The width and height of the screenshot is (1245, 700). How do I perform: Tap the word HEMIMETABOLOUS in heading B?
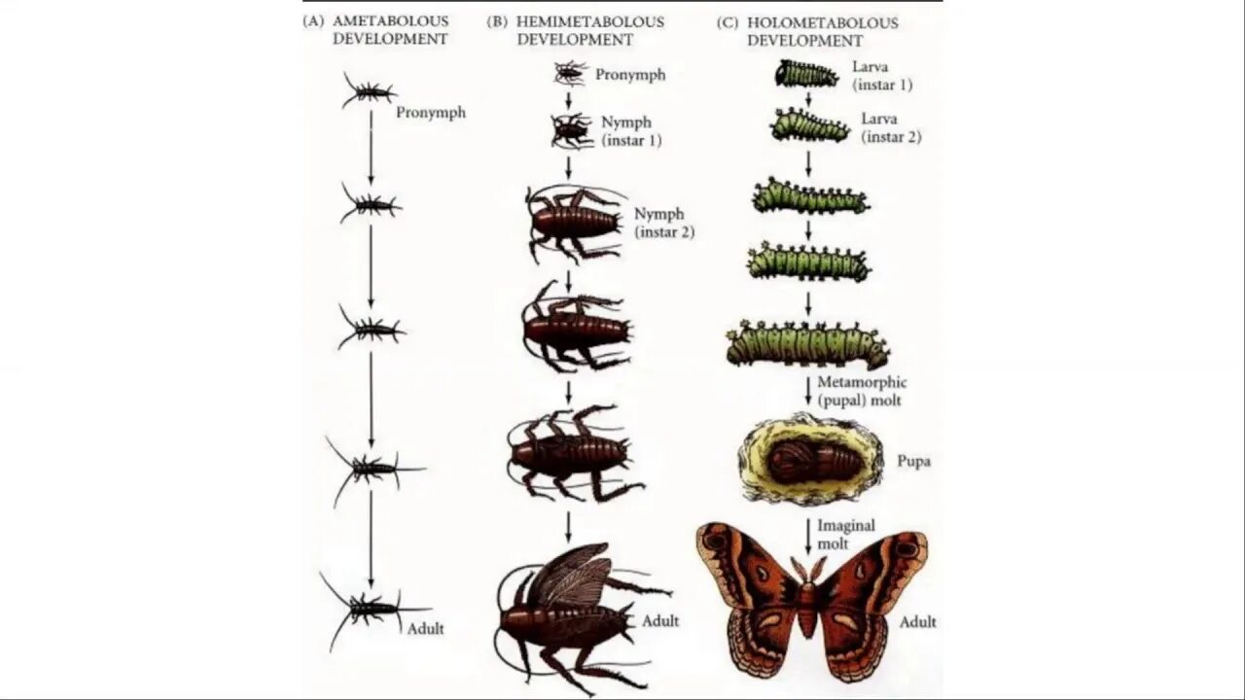(x=589, y=21)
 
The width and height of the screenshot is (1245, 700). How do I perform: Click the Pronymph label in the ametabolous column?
(x=431, y=113)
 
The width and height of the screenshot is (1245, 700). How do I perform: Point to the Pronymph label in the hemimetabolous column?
(x=630, y=75)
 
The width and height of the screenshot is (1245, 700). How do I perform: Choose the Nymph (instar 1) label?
(x=630, y=131)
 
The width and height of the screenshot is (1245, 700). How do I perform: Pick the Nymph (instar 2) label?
(x=663, y=223)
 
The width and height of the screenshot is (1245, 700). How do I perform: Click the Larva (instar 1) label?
(x=881, y=76)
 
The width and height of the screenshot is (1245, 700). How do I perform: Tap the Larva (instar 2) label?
(x=890, y=127)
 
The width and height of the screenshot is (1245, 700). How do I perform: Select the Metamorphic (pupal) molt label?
(x=862, y=392)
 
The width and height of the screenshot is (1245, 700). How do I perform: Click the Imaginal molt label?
(x=845, y=534)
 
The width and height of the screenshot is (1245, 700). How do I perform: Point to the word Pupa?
(x=913, y=461)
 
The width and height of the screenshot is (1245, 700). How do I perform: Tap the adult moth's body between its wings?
(x=807, y=603)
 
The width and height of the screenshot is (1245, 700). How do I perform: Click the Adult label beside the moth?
(x=917, y=621)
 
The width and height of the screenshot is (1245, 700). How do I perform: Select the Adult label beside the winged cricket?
(x=660, y=620)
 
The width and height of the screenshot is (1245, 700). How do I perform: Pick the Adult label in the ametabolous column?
(x=425, y=628)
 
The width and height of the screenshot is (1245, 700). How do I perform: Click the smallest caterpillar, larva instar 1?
(x=806, y=74)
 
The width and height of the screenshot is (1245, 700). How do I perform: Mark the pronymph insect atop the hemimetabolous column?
(x=570, y=72)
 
